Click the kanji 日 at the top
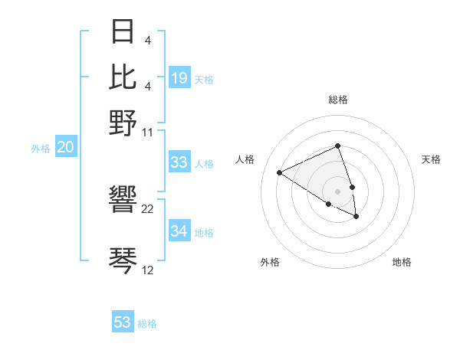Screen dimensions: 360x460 pyautogui.click(x=123, y=32)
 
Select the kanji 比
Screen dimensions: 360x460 pyautogui.click(x=123, y=76)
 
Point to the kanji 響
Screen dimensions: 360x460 pyautogui.click(x=123, y=201)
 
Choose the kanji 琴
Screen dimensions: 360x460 pyautogui.click(x=123, y=260)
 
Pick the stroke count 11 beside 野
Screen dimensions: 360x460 pyautogui.click(x=148, y=132)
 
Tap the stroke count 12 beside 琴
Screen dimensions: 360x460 pyautogui.click(x=148, y=270)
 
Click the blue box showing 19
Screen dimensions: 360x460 pyautogui.click(x=179, y=78)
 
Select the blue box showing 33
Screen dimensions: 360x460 pyautogui.click(x=179, y=162)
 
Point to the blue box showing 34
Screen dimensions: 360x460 pyautogui.click(x=179, y=231)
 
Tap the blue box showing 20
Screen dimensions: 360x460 pyautogui.click(x=65, y=148)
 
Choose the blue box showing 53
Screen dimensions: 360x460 pyautogui.click(x=123, y=322)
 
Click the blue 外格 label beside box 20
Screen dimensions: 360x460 pyautogui.click(x=41, y=149)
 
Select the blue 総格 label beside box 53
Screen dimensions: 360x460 pyautogui.click(x=148, y=324)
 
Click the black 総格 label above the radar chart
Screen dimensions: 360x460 pyautogui.click(x=338, y=100)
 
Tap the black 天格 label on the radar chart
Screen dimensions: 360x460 pyautogui.click(x=432, y=159)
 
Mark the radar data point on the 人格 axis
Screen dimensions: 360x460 pyautogui.click(x=280, y=172)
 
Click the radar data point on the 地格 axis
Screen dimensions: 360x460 pyautogui.click(x=356, y=217)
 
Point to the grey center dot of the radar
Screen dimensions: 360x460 pyautogui.click(x=338, y=191)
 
